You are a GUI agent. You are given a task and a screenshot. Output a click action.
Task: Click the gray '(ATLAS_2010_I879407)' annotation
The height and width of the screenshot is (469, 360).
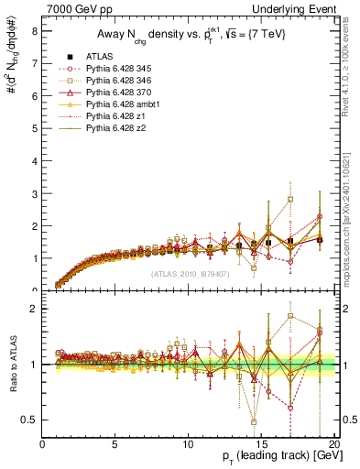click(x=190, y=274)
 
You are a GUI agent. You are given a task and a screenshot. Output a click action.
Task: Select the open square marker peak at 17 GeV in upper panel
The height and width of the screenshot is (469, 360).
click(x=290, y=199)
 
